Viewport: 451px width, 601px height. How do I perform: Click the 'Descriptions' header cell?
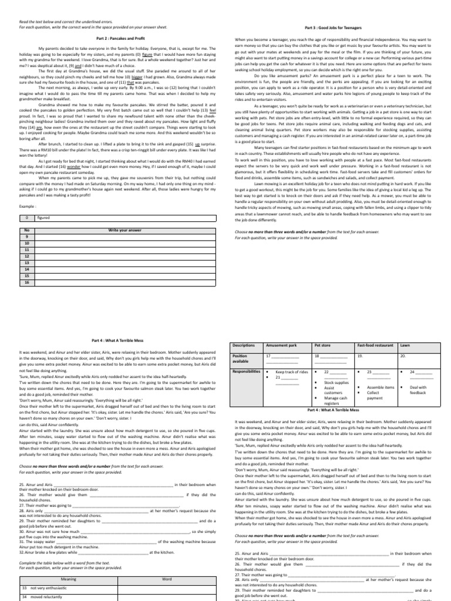tap(244, 346)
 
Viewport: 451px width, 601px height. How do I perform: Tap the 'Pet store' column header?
tap(323, 346)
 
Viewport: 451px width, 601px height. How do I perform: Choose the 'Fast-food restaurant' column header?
tap(376, 346)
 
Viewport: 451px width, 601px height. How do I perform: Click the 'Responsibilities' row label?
tap(247, 372)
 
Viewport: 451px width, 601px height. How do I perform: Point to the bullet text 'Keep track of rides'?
tap(292, 372)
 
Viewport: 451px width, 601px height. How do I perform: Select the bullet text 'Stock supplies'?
tap(336, 383)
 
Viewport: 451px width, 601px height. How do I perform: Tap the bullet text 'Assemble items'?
tap(381, 388)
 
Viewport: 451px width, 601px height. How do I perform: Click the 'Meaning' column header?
tap(69, 579)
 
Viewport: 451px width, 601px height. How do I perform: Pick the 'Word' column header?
tap(167, 579)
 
